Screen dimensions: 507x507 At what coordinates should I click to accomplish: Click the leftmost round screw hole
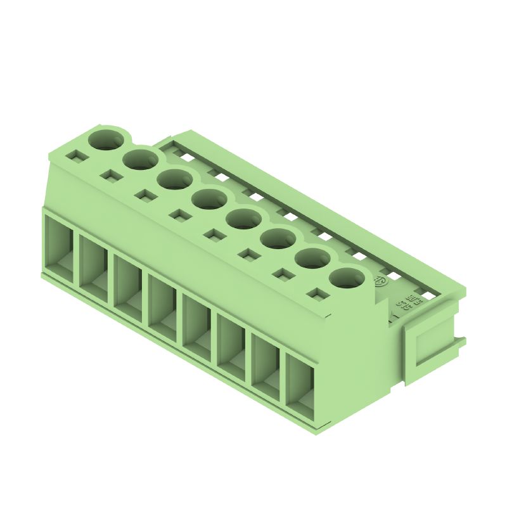[x=106, y=139]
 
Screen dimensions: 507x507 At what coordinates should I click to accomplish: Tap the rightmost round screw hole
[x=348, y=278]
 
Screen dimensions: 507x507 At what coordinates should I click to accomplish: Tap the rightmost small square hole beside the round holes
[x=318, y=294]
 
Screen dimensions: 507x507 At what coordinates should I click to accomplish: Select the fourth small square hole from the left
[x=180, y=215]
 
